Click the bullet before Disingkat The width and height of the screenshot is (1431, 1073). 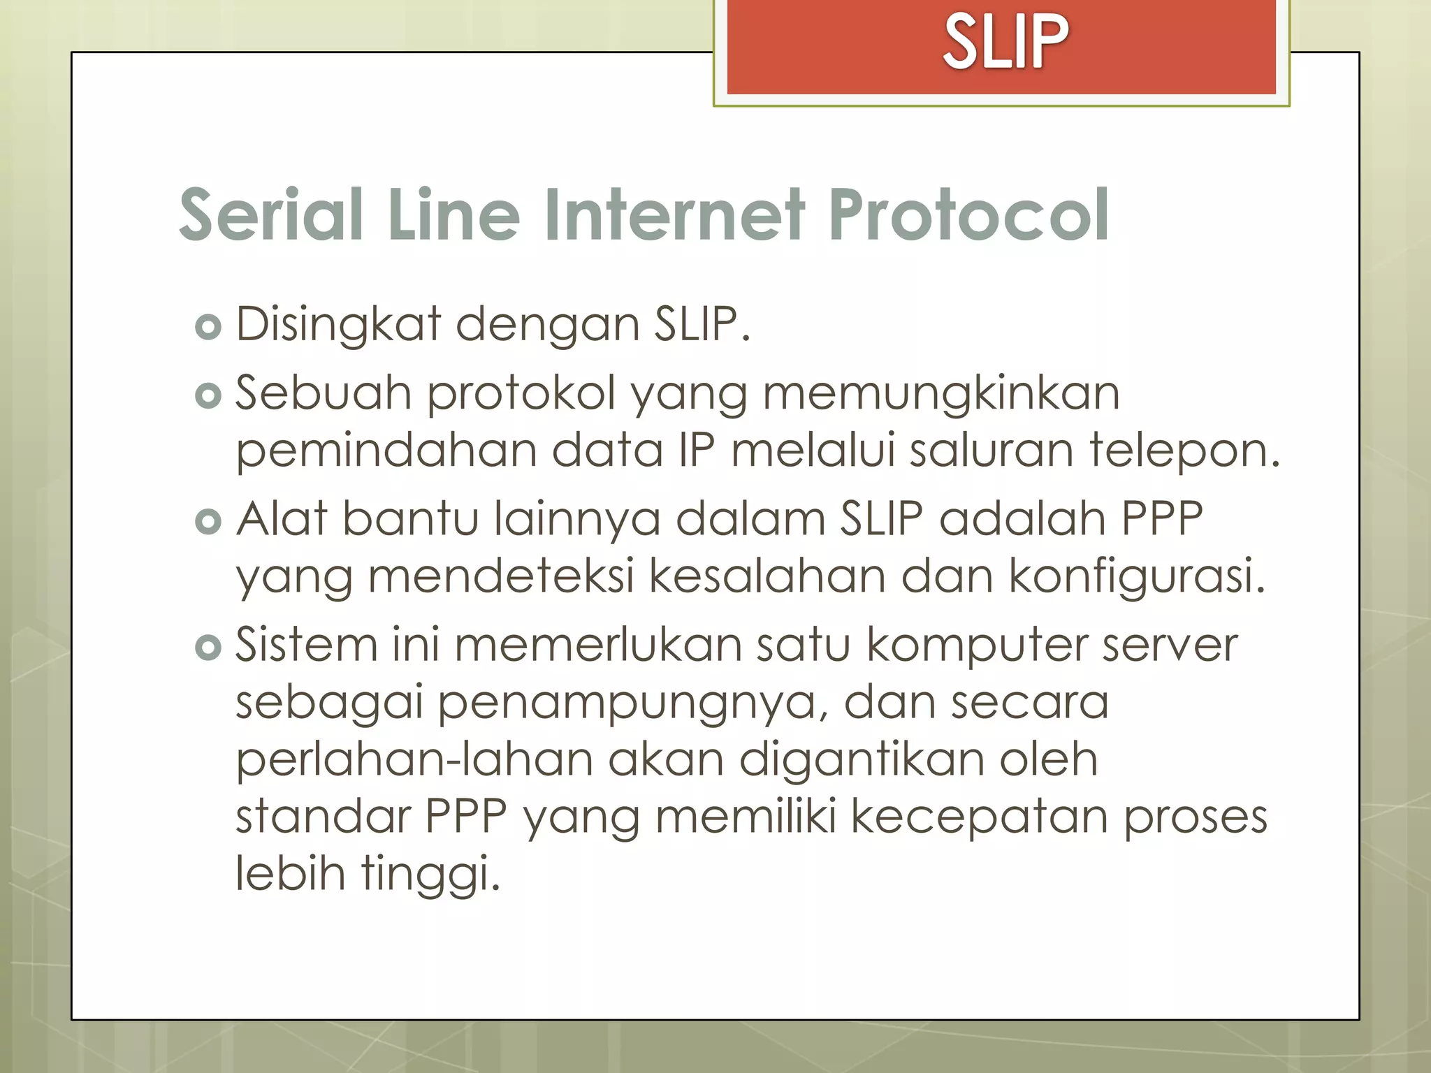coord(208,327)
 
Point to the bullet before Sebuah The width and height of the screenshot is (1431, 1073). coord(208,396)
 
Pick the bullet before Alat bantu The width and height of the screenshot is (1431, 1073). coord(208,522)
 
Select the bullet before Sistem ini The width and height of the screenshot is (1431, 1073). coord(208,648)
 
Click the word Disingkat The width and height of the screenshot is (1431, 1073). coord(338,325)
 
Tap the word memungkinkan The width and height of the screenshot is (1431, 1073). coord(941,393)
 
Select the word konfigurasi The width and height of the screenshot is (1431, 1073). coord(1136,577)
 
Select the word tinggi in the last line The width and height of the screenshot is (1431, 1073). coord(430,874)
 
